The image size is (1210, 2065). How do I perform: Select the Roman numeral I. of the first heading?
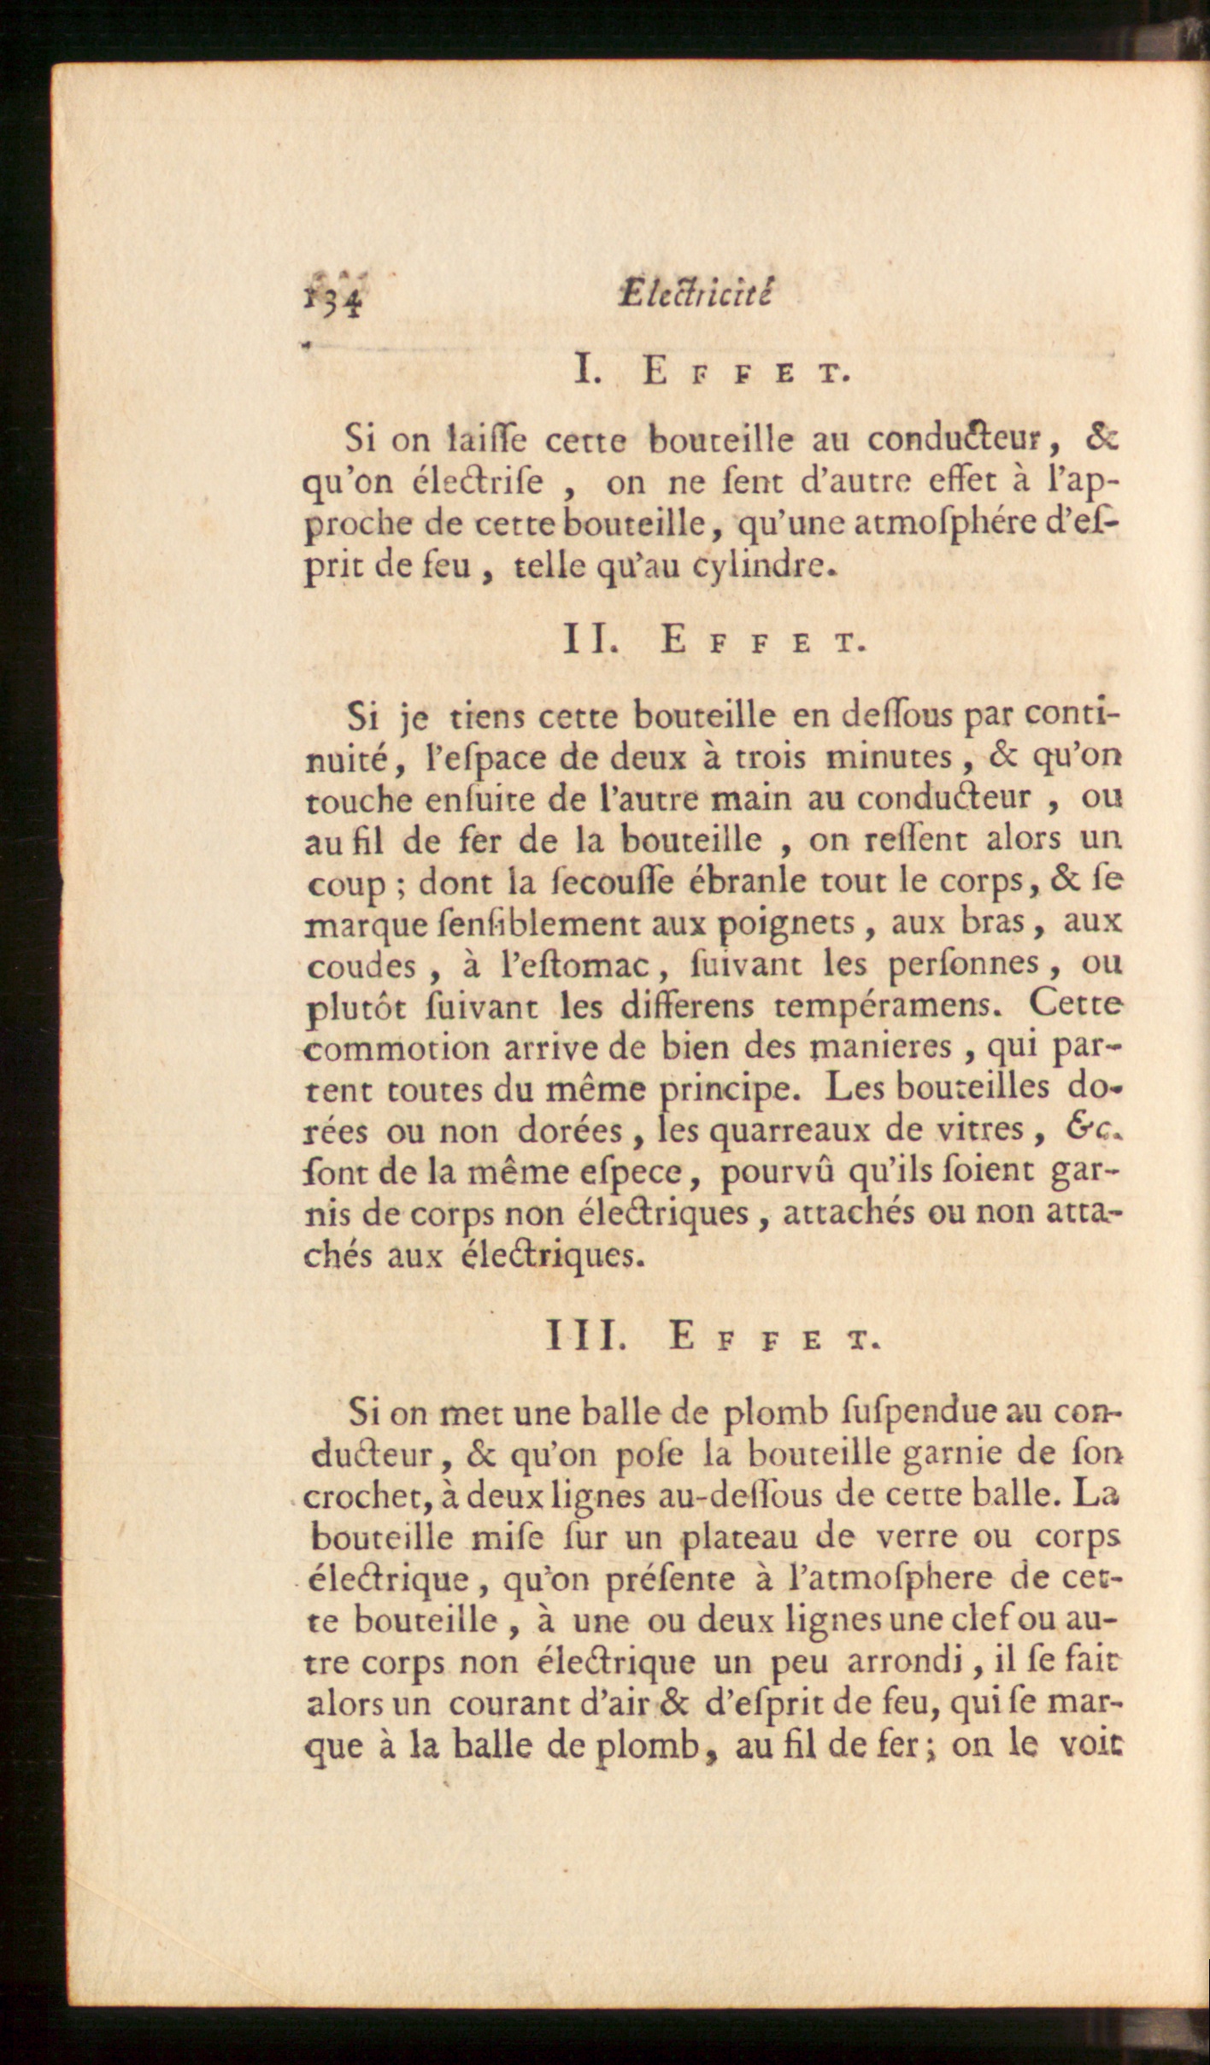click(x=587, y=371)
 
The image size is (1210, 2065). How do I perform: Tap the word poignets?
click(x=785, y=923)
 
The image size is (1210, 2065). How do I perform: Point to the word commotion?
click(x=396, y=1047)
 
